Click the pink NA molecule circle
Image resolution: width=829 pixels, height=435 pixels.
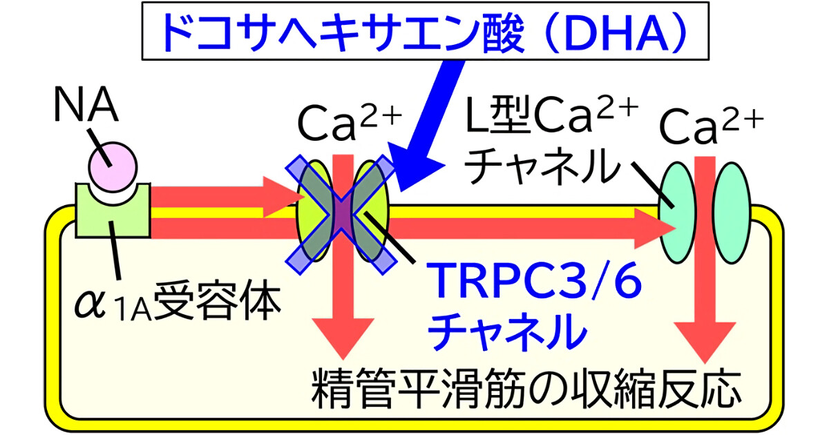tap(113, 167)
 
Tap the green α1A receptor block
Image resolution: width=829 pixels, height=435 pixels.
tap(113, 218)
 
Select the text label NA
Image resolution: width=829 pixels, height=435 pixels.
tap(86, 104)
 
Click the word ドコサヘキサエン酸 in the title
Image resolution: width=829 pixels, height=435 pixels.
tap(343, 32)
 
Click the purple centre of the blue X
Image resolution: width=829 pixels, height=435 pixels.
tap(341, 215)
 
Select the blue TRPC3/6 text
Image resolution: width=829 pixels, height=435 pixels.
tap(533, 280)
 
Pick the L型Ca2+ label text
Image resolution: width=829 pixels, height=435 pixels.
tap(551, 115)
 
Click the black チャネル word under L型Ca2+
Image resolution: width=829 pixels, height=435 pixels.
tap(541, 166)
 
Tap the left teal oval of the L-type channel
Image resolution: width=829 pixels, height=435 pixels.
tap(677, 213)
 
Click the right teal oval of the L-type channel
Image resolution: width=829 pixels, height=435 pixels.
tap(732, 213)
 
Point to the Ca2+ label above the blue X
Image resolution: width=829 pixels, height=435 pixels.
tap(350, 122)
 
